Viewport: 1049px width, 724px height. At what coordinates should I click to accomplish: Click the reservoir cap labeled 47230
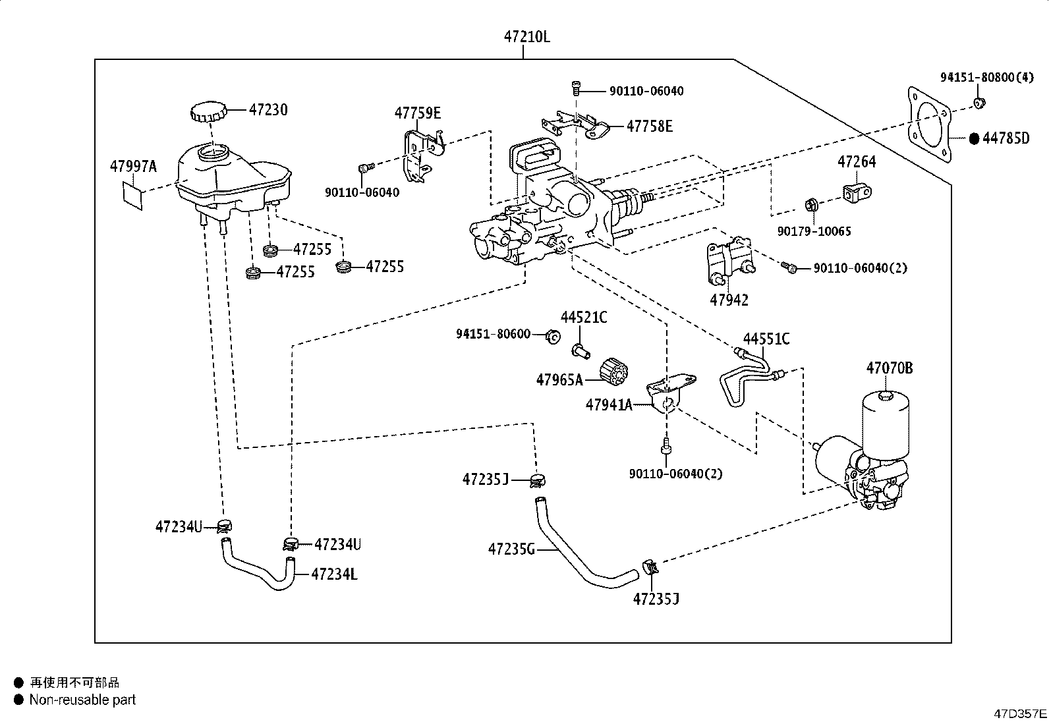(x=206, y=112)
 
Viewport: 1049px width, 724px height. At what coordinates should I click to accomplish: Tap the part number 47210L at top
(x=527, y=37)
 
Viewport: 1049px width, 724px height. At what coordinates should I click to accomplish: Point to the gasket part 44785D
(x=929, y=125)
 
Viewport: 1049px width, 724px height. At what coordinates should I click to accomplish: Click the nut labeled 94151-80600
(x=553, y=337)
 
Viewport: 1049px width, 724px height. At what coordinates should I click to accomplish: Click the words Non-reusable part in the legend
(x=82, y=700)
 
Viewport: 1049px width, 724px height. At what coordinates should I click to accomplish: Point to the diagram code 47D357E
(x=1020, y=713)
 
